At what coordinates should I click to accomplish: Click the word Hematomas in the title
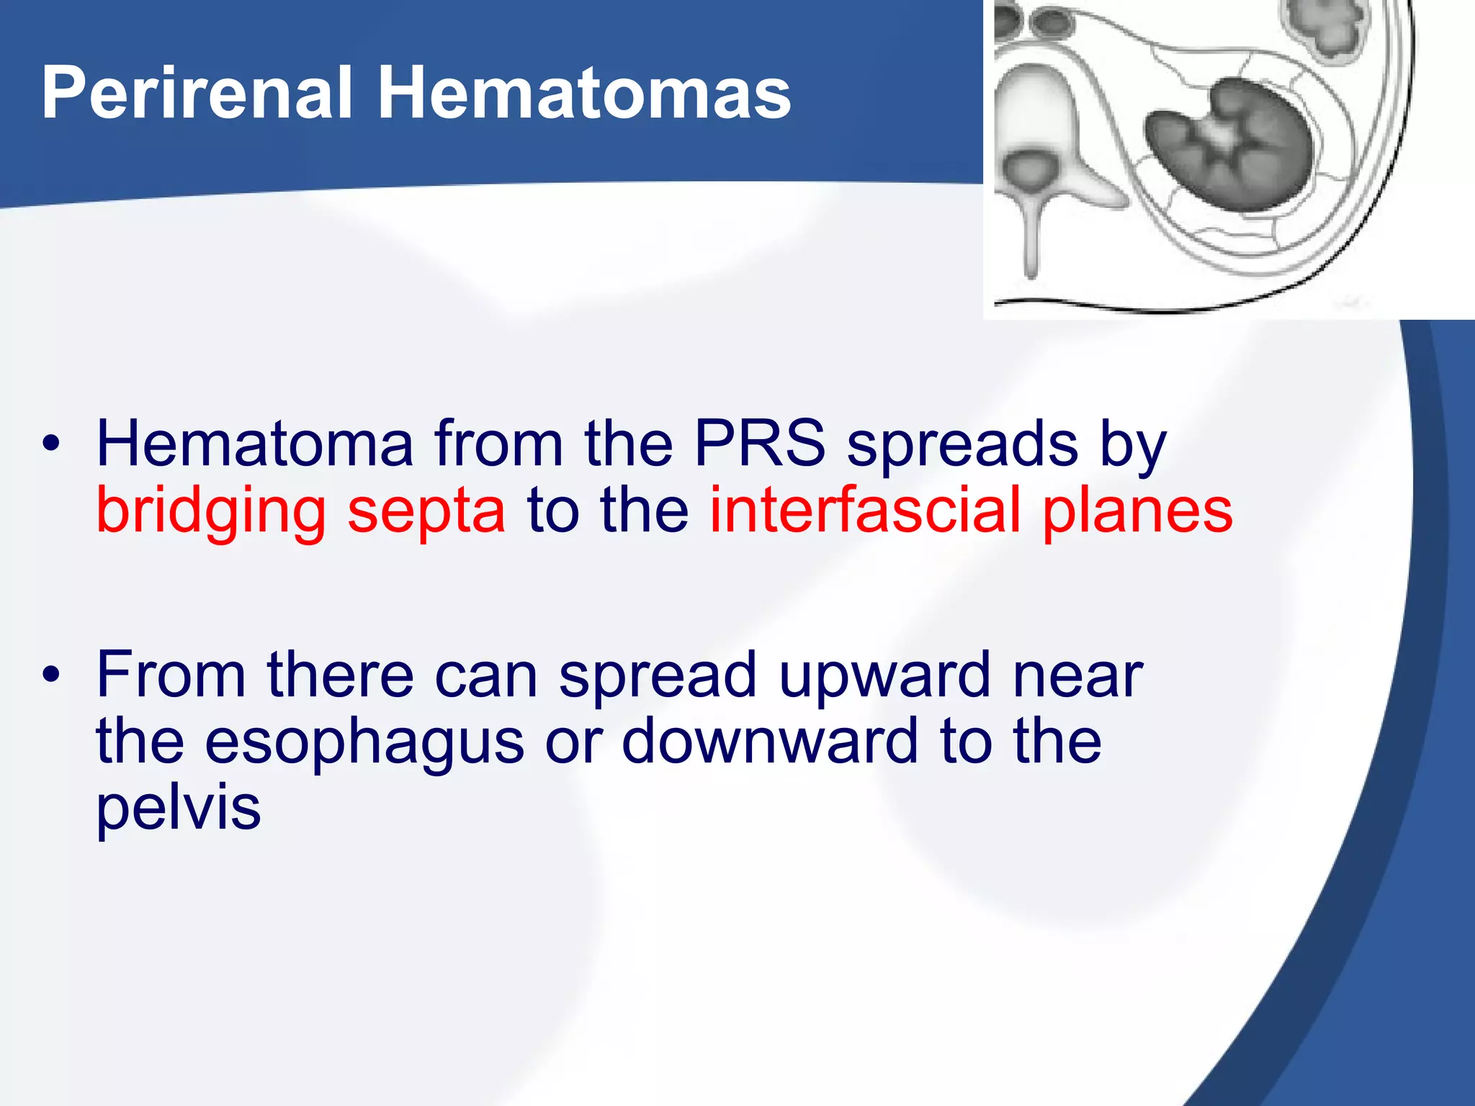tap(584, 94)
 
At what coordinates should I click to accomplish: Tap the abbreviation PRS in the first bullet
tap(759, 444)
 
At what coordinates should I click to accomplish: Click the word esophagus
tap(364, 743)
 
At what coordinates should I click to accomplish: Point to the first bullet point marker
tap(50, 444)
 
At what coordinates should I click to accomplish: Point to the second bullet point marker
tap(50, 675)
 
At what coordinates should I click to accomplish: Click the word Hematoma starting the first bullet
tap(255, 444)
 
